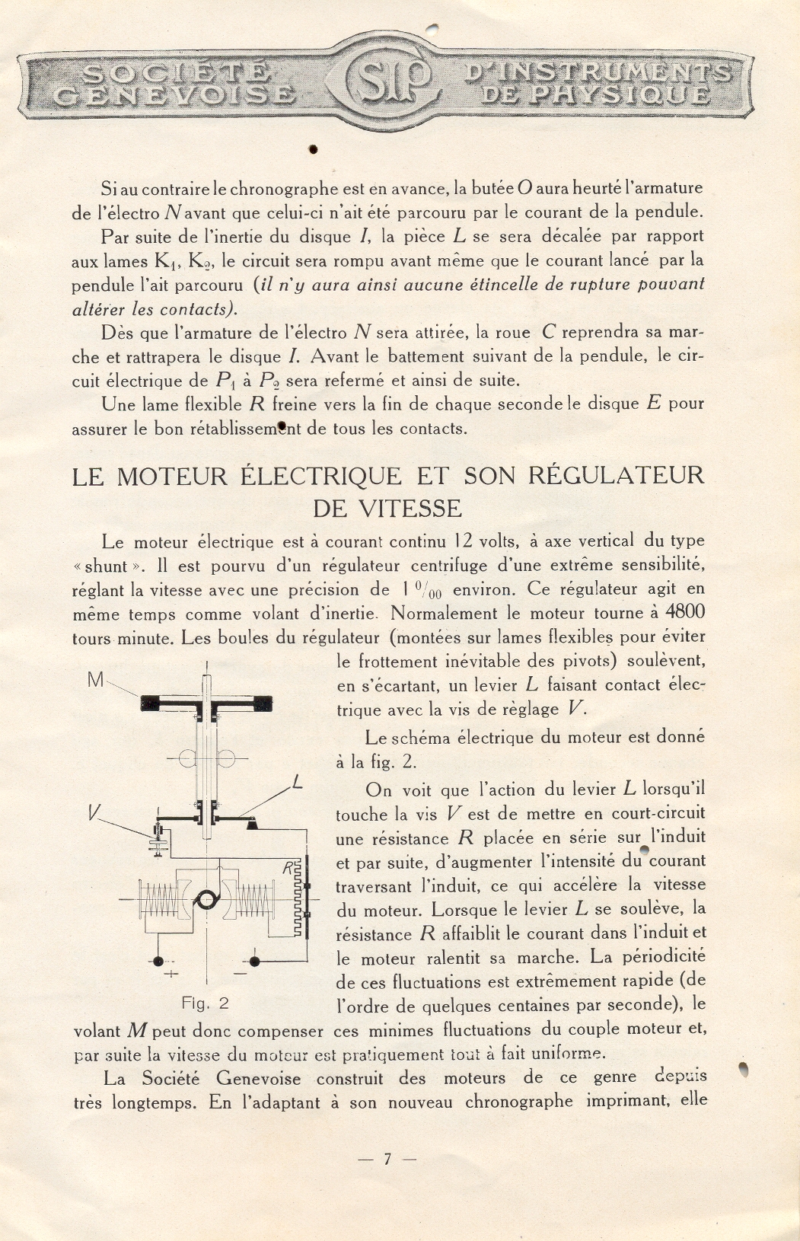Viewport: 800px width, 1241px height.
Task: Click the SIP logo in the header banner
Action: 389,81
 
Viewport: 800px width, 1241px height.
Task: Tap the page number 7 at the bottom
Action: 387,1159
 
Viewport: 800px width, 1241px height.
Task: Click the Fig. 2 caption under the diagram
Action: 205,1003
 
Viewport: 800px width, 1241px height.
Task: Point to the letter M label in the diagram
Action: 96,680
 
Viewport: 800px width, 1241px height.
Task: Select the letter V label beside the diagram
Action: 94,813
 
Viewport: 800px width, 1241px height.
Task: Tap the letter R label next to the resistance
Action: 288,866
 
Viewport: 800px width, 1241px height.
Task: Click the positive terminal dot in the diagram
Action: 158,962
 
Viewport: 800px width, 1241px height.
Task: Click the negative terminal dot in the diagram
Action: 254,962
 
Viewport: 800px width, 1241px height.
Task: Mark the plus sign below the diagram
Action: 172,974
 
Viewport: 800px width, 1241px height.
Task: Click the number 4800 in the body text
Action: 685,612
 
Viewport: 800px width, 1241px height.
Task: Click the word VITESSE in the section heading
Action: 410,508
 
